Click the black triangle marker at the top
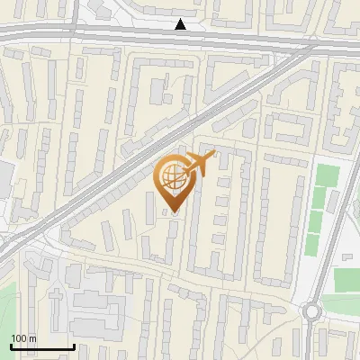(182, 24)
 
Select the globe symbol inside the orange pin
(171, 177)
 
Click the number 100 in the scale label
(19, 338)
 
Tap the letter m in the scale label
(32, 338)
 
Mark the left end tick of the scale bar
(11, 346)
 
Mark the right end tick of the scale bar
(74, 346)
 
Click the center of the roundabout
(313, 312)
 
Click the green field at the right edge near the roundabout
(346, 280)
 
